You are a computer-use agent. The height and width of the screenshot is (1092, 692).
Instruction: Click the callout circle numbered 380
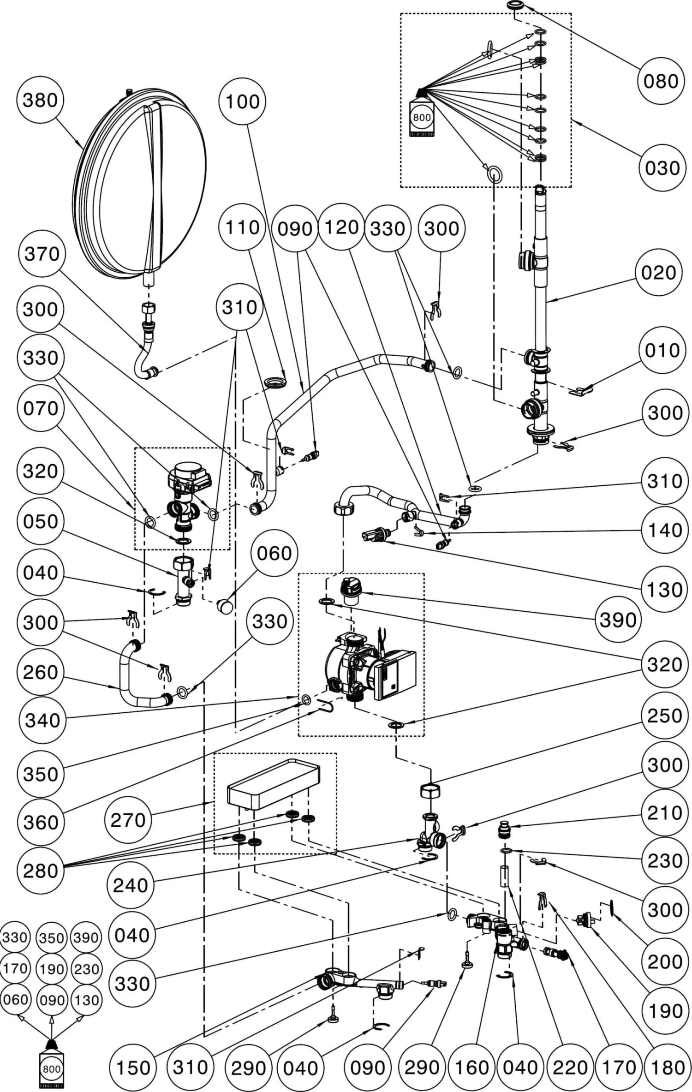40,100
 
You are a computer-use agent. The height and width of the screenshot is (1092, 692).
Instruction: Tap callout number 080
661,81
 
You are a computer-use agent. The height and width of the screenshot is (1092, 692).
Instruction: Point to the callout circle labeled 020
658,273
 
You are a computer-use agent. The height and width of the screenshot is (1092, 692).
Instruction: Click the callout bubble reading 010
662,351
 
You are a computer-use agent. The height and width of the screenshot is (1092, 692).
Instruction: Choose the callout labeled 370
42,254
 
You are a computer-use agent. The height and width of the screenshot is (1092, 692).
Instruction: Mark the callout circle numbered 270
128,820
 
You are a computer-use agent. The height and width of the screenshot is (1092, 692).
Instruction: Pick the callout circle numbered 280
41,871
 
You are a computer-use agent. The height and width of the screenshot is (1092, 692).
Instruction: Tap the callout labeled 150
133,1068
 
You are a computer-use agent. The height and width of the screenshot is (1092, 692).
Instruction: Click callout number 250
664,716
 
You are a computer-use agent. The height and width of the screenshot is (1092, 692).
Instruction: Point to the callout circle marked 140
664,531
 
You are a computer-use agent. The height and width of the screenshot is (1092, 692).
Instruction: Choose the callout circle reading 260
41,673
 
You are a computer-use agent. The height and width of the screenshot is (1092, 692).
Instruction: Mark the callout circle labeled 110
243,227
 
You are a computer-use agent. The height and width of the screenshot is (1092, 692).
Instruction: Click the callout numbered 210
664,813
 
